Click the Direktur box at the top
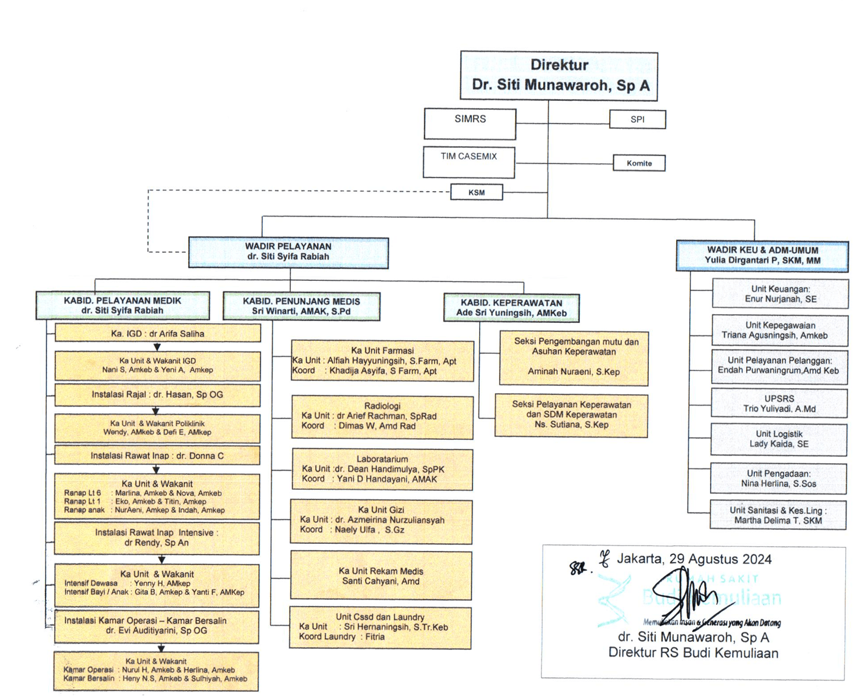point(559,75)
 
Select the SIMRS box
point(470,123)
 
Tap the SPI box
point(638,119)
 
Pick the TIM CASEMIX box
point(469,162)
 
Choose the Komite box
point(639,163)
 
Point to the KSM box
point(477,192)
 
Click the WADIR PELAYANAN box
point(288,252)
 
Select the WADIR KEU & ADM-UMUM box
point(762,256)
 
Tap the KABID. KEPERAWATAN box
point(511,308)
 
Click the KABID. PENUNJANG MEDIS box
point(302,306)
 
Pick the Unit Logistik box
point(779,439)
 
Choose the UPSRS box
point(779,404)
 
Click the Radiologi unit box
point(382,417)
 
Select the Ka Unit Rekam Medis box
point(381,576)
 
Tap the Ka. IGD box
point(157,334)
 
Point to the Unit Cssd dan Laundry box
point(380,628)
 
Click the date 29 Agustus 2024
point(720,559)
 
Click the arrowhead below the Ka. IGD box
point(157,347)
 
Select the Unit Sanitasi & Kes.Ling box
point(778,515)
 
